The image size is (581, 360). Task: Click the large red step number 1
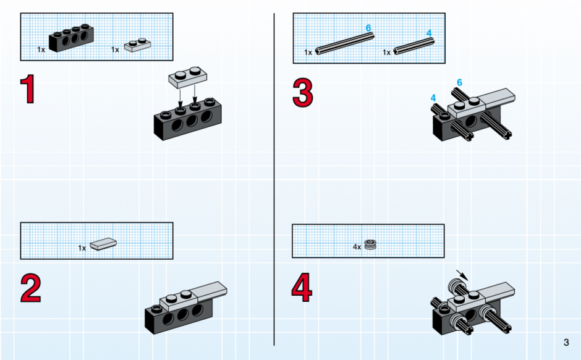coord(28,89)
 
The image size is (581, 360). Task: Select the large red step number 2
coord(31,288)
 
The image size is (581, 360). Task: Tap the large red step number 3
coord(303,93)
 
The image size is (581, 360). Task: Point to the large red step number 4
coord(302,288)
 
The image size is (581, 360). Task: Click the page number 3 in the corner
coord(566,342)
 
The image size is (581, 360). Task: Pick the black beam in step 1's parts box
coord(71,38)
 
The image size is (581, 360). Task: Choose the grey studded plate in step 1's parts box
coord(137,45)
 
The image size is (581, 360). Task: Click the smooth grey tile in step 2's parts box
coord(103,244)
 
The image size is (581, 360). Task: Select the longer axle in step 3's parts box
coord(345,44)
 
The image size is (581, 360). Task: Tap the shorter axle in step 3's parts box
coord(413,46)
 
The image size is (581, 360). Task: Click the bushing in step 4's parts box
coord(370,244)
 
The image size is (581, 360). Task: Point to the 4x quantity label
coord(357,247)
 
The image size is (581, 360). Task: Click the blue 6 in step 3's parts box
coord(368,28)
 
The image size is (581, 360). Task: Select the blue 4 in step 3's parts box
coord(429,33)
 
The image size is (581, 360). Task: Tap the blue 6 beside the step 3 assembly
coord(459,82)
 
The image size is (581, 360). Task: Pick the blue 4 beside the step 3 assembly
coord(433,98)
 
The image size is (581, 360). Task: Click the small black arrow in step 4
coord(462,275)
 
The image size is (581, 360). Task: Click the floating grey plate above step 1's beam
coord(188,77)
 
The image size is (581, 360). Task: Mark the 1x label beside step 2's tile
coord(82,247)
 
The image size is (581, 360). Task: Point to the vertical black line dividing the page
coord(274,179)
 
